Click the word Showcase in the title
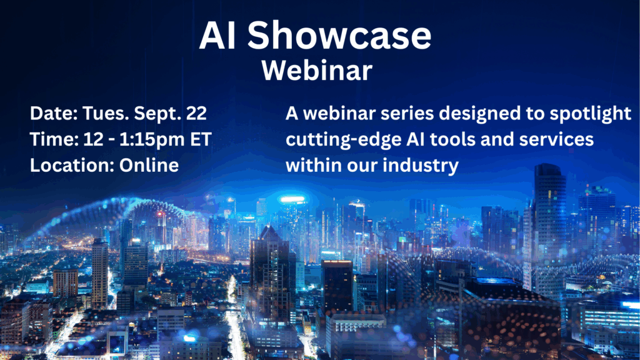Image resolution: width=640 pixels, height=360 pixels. [x=339, y=35]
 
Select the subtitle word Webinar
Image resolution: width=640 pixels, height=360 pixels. [x=317, y=70]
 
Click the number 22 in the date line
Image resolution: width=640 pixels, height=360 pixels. [x=196, y=114]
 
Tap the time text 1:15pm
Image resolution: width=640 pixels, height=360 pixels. [x=152, y=140]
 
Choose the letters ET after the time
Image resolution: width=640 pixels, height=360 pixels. [x=201, y=139]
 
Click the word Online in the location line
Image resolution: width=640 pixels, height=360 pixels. [x=149, y=165]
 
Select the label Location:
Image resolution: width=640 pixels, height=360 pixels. [x=72, y=165]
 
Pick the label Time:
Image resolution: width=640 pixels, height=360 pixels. [x=54, y=139]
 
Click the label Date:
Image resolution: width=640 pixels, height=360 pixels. [x=54, y=114]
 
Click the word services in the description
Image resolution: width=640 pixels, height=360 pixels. [x=556, y=139]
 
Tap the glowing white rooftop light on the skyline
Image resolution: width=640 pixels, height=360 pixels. [x=292, y=200]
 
